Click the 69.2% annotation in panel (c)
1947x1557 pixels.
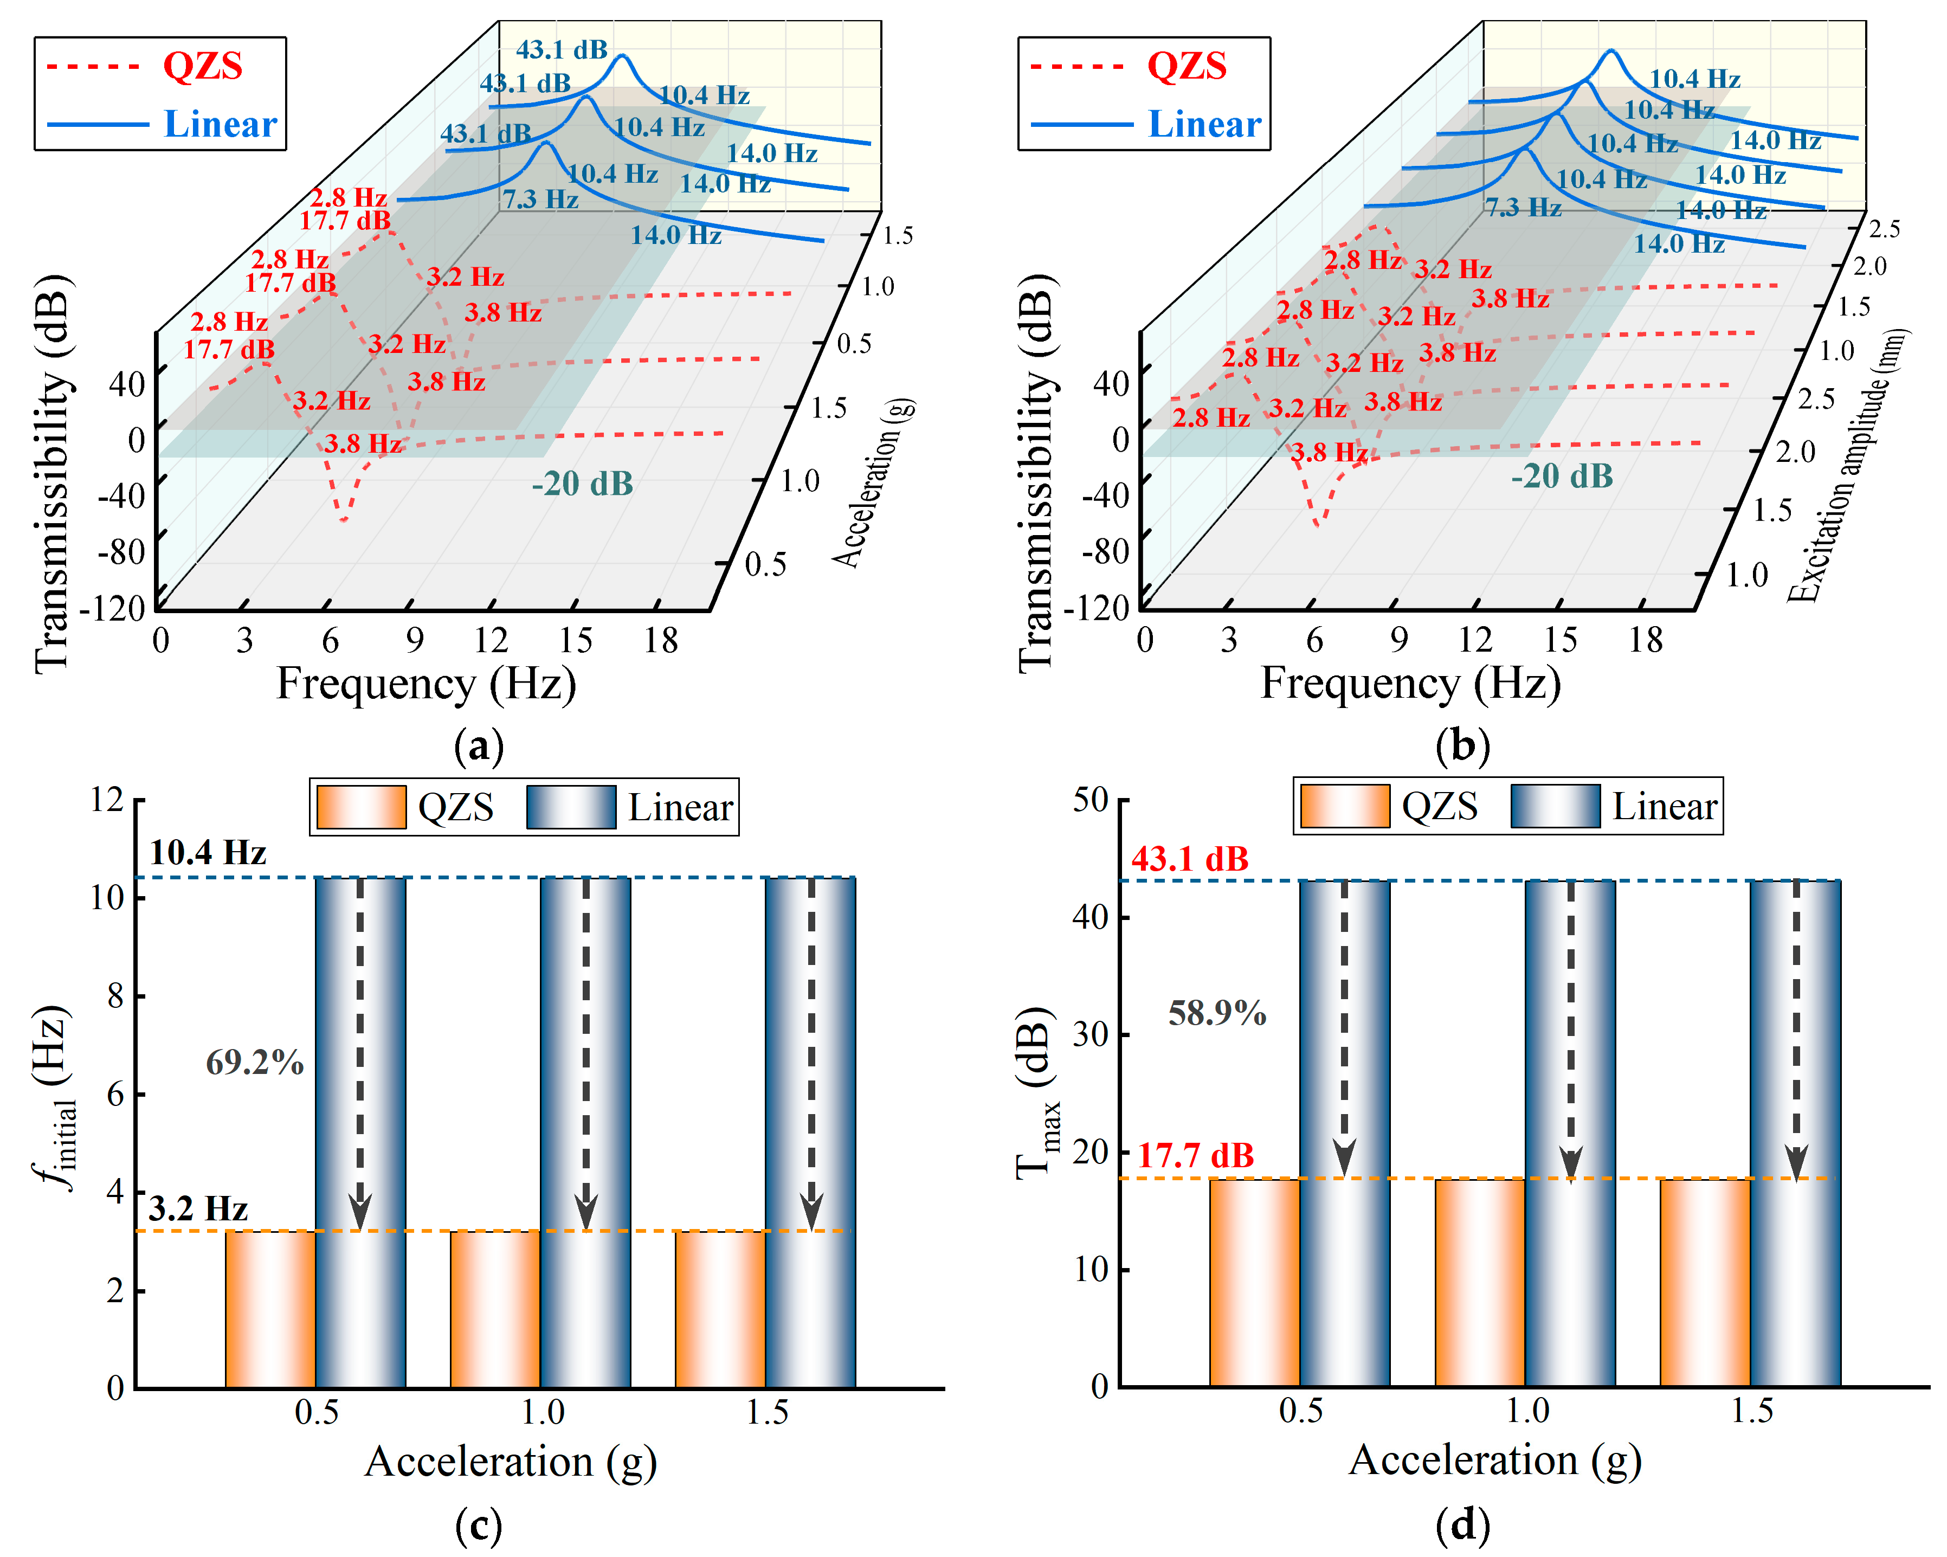[x=255, y=1062]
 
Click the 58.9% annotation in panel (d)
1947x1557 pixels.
[x=1217, y=1013]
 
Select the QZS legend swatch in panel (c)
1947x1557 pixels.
[x=361, y=807]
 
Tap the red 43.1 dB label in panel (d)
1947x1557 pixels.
[x=1190, y=859]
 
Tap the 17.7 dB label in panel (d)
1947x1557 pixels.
[x=1195, y=1155]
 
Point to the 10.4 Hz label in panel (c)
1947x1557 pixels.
[x=208, y=853]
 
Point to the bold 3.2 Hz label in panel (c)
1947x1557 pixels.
[x=198, y=1208]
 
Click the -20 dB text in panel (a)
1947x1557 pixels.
[x=583, y=484]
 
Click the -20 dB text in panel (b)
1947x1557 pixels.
[x=1562, y=476]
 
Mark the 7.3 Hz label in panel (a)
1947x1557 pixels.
[x=540, y=200]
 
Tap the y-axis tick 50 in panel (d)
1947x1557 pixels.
[x=1090, y=800]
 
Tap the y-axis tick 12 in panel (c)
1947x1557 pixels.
[x=107, y=800]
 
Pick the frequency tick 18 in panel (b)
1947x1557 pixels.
[x=1646, y=640]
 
